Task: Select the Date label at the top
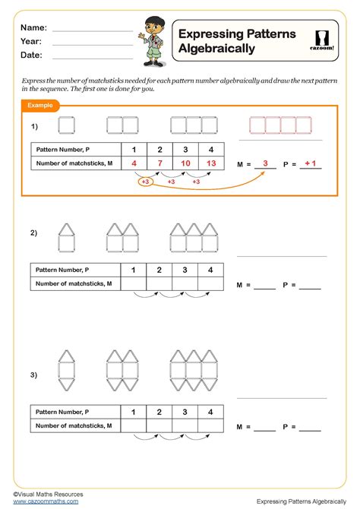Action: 31,55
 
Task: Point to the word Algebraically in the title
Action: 216,49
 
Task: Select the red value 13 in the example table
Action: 210,163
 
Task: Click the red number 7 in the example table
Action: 159,163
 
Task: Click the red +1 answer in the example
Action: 310,163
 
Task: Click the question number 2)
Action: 34,233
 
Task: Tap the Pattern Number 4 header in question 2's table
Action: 210,270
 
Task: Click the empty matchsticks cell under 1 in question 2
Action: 133,283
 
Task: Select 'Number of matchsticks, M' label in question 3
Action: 74,426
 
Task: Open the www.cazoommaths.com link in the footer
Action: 46,501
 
